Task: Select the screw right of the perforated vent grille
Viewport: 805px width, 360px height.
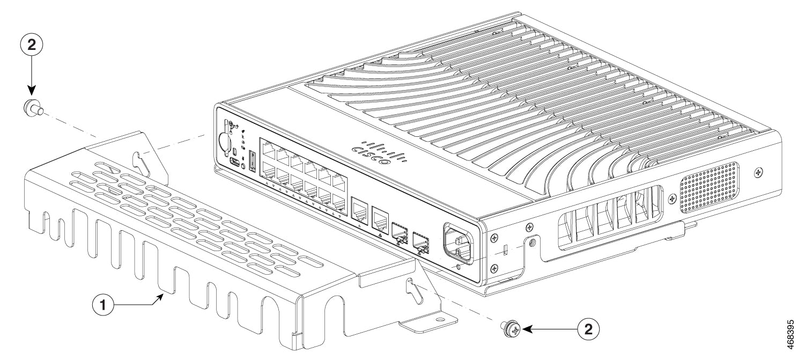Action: click(x=758, y=172)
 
